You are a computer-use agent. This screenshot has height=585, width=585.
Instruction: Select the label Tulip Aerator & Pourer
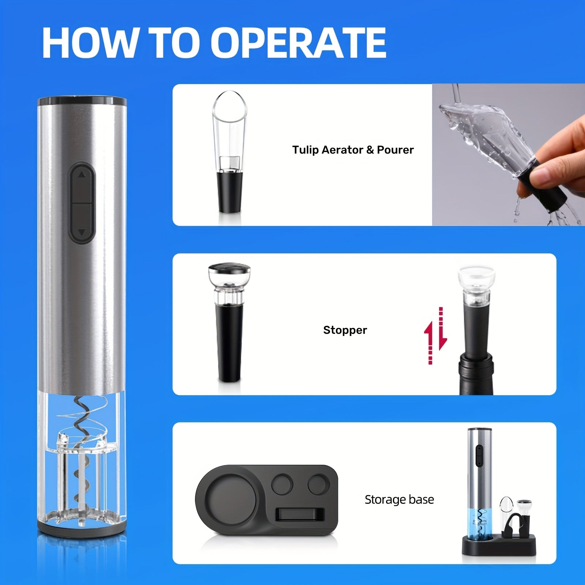click(x=353, y=150)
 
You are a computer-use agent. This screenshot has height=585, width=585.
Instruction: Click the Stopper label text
click(x=345, y=330)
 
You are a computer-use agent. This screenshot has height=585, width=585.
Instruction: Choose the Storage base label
click(x=399, y=499)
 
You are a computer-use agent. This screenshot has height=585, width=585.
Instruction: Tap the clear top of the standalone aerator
click(x=230, y=132)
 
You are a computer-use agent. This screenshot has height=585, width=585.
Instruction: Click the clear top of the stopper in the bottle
click(x=477, y=284)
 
